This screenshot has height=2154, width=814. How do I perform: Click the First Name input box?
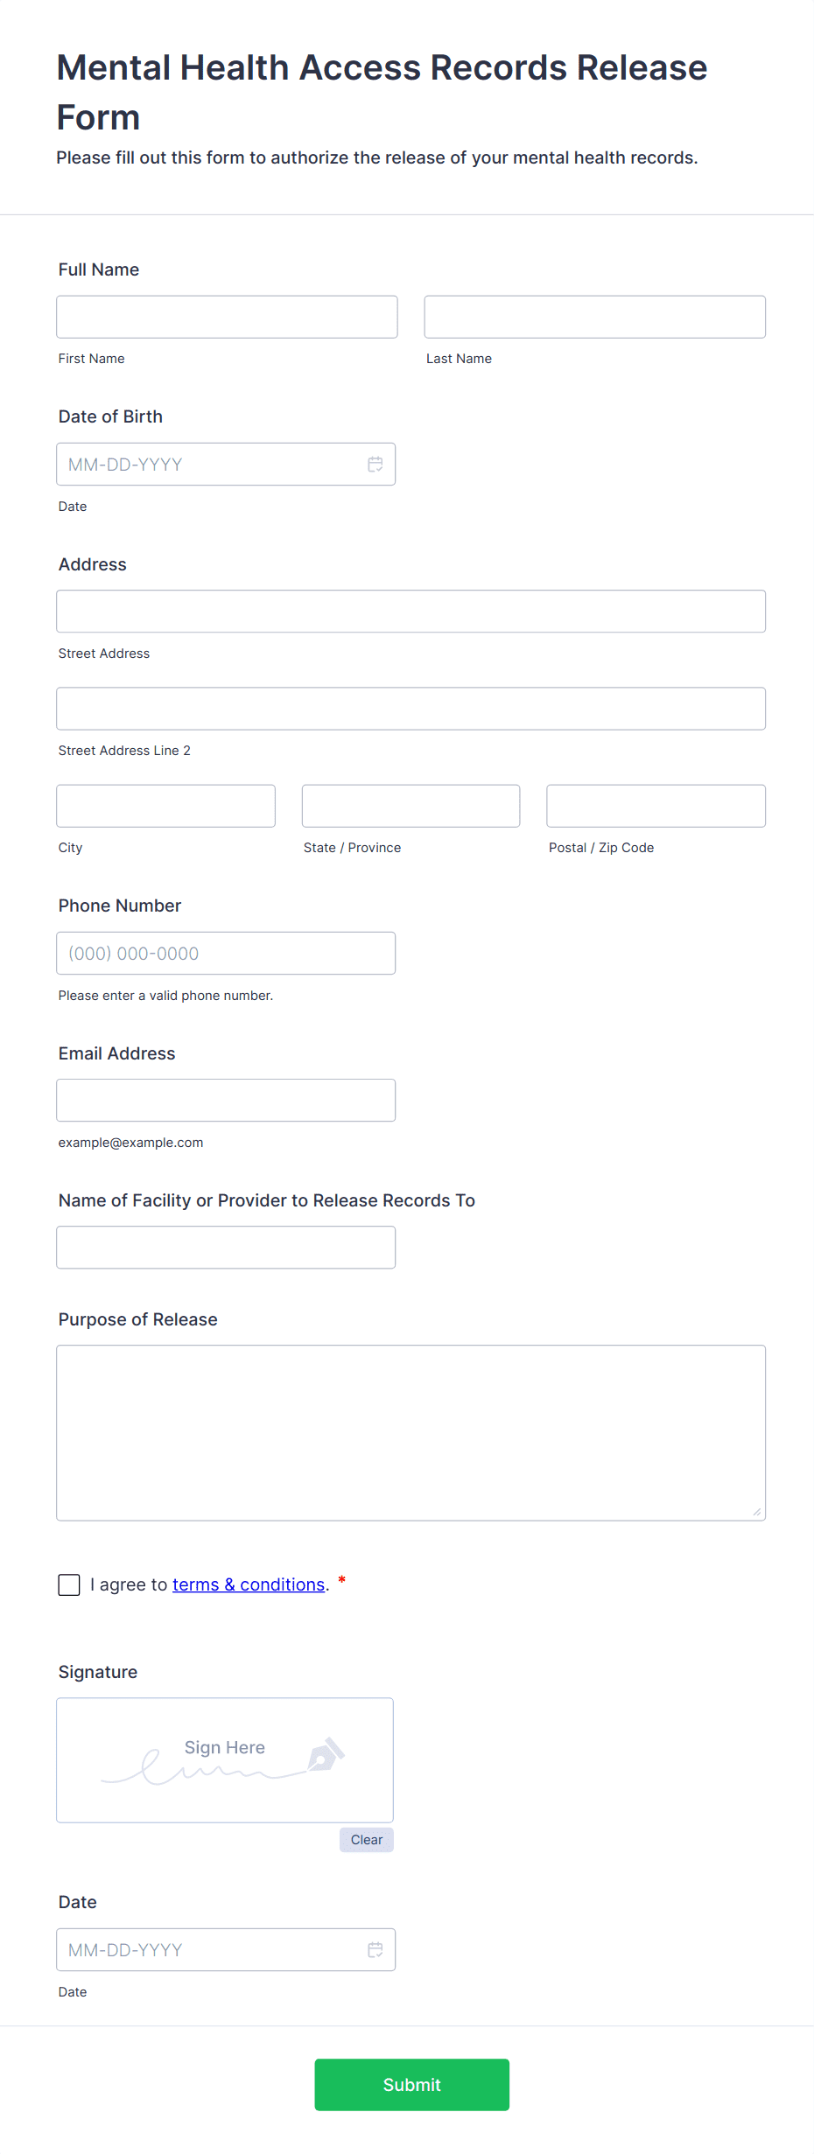tap(227, 317)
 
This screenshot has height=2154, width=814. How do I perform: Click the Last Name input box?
tap(594, 317)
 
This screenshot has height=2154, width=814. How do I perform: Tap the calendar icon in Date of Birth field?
tap(375, 465)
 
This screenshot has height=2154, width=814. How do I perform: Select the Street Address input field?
tap(411, 612)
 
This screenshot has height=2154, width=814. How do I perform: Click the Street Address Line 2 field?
tap(411, 709)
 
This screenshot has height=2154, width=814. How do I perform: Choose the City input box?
tap(165, 806)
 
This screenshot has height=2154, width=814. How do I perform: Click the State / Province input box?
tap(411, 806)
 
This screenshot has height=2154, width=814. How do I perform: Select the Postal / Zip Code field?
tap(656, 806)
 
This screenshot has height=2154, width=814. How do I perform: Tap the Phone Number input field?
tap(226, 954)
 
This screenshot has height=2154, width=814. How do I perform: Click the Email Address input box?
tap(226, 1101)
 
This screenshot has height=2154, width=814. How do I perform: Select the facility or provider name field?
tap(226, 1248)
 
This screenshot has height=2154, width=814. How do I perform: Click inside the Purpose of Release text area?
tap(411, 1433)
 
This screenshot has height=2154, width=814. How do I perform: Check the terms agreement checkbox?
tap(69, 1584)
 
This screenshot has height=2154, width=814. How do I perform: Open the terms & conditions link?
tap(249, 1584)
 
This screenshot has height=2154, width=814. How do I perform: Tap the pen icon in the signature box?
tap(326, 1754)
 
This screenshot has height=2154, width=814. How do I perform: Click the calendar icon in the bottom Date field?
tap(375, 1950)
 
